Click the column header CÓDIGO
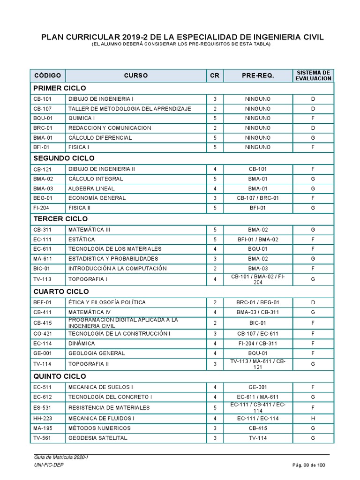pos(47,75)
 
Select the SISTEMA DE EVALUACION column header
pos(313,75)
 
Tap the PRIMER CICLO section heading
pos(60,88)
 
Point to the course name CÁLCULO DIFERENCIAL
pos(100,138)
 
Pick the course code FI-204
pos(41,208)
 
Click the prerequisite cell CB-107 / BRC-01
pos(258,198)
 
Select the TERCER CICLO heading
pos(60,219)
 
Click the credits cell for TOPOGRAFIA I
pos(215,279)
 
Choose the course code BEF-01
pos(43,302)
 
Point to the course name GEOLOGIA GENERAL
pos(97,353)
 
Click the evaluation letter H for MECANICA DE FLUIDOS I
pos(313,418)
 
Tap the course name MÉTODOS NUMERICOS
pos(99,428)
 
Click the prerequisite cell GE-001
pos(258,387)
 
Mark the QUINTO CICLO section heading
pos(60,376)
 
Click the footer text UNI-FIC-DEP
pos(49,465)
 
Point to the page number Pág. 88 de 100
pos(308,465)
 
